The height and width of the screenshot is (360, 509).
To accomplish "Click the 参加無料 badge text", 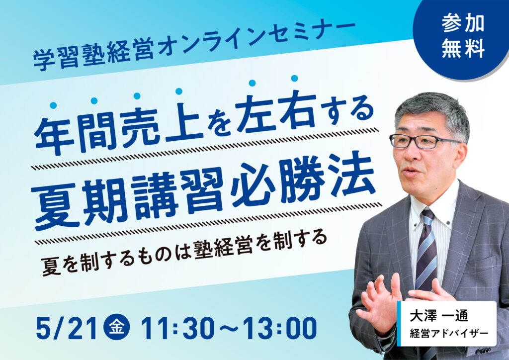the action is click(x=463, y=35).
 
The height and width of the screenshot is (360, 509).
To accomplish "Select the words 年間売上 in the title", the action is click(x=118, y=128).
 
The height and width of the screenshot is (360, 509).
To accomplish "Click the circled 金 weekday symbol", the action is click(x=116, y=328).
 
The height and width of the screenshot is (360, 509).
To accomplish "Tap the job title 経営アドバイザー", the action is click(x=448, y=334).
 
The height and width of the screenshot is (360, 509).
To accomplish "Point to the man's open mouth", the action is click(x=409, y=172).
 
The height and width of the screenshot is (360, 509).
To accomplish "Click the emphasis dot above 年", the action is click(x=54, y=105).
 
